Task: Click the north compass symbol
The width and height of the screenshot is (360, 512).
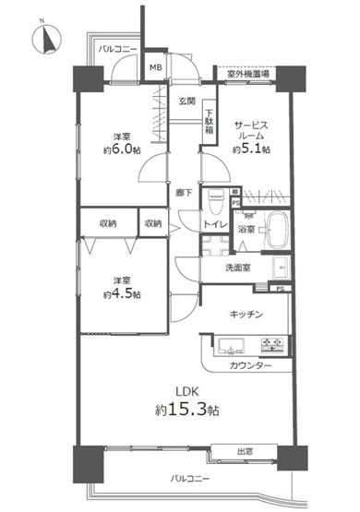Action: coord(46,39)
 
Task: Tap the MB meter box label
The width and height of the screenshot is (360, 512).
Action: coord(156,67)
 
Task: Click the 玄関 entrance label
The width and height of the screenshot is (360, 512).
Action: coord(186,101)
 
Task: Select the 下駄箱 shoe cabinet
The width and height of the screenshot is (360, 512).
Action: coord(209,121)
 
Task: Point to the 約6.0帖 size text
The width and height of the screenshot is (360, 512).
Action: coord(123,149)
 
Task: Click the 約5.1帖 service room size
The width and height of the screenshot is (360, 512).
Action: coord(251,149)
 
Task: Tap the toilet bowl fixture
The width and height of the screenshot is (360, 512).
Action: coord(216,199)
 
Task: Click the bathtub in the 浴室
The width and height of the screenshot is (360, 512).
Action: coord(278,229)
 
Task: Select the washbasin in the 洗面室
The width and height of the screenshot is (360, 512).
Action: coord(281,268)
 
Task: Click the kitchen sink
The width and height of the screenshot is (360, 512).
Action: coord(232,346)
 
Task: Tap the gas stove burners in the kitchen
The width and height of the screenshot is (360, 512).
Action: coord(272,345)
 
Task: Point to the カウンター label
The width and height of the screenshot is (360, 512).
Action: coord(250,365)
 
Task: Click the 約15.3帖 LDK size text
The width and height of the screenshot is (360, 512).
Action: coord(187,410)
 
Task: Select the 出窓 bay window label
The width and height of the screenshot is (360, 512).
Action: coord(245,452)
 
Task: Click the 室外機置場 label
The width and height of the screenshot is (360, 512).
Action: coord(248,74)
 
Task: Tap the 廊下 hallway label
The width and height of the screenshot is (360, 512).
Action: coord(184,193)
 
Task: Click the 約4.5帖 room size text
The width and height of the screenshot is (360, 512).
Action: coord(123,294)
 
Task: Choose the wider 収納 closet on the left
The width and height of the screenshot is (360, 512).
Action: coord(109,222)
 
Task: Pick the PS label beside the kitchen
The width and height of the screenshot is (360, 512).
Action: coord(280,289)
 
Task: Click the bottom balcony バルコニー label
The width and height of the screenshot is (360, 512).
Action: coord(190,479)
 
